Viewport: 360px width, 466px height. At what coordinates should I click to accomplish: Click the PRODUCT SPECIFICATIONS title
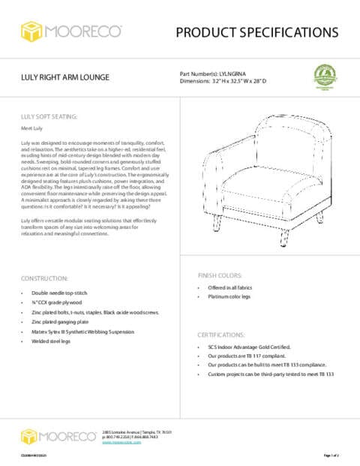click(257, 32)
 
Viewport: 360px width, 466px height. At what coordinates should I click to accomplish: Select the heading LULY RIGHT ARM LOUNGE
click(65, 77)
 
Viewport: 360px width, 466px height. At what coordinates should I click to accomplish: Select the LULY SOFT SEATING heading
click(48, 117)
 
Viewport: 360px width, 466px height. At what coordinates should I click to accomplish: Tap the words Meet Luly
click(31, 129)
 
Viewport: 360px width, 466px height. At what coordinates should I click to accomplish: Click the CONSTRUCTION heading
click(46, 278)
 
